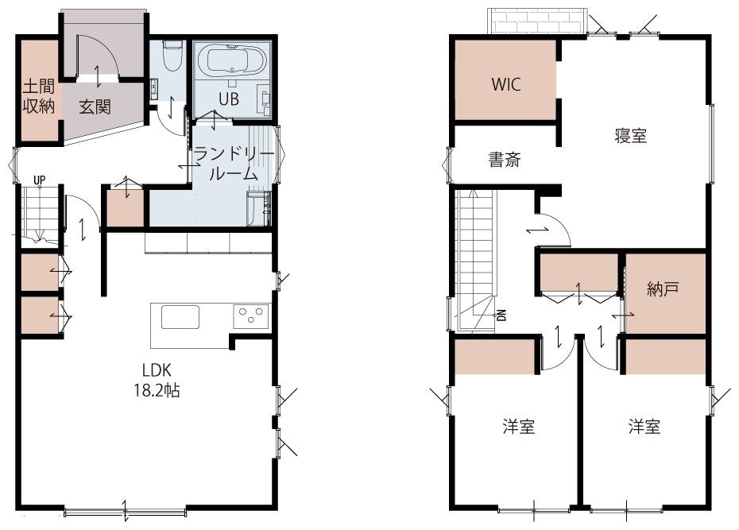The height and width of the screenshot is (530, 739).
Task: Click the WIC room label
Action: pyautogui.click(x=505, y=85)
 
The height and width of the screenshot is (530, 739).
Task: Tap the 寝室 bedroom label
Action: pyautogui.click(x=631, y=136)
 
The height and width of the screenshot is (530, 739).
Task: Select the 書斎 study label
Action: pyautogui.click(x=505, y=161)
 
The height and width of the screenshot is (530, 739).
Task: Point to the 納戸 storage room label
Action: pyautogui.click(x=664, y=288)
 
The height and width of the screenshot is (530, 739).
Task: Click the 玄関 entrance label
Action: pyautogui.click(x=95, y=107)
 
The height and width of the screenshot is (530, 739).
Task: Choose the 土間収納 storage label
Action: pyautogui.click(x=39, y=96)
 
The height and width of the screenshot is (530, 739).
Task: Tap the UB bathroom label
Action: pyautogui.click(x=229, y=99)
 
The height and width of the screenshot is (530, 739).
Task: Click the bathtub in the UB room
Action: pyautogui.click(x=230, y=60)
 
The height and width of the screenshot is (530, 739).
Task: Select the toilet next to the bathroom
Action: pyautogui.click(x=172, y=56)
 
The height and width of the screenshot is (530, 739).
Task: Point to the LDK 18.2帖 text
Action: pyautogui.click(x=157, y=380)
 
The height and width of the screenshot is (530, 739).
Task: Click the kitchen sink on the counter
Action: pyautogui.click(x=180, y=317)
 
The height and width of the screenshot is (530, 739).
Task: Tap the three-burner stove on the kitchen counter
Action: pyautogui.click(x=251, y=315)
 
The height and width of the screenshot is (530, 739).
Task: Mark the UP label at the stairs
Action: pyautogui.click(x=39, y=180)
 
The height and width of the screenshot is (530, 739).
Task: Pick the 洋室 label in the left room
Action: pyautogui.click(x=518, y=427)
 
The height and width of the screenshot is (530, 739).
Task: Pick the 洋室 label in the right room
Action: pyautogui.click(x=644, y=427)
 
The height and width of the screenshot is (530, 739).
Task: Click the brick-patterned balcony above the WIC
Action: pyautogui.click(x=537, y=21)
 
